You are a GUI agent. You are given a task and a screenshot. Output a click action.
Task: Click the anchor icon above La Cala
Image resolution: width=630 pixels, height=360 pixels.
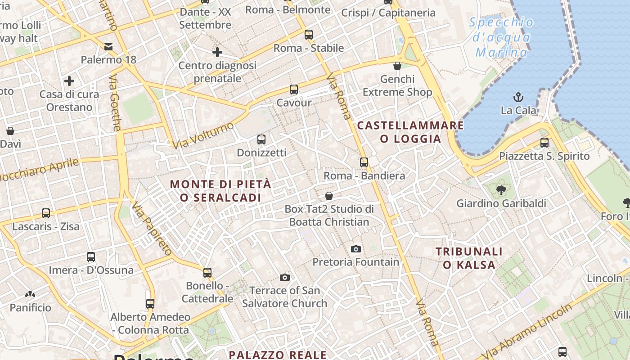[x=518, y=97]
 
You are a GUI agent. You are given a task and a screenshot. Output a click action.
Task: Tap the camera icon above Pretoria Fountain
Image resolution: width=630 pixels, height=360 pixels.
[x=355, y=249]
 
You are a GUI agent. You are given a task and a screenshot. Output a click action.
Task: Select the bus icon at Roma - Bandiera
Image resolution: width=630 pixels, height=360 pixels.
[x=364, y=162]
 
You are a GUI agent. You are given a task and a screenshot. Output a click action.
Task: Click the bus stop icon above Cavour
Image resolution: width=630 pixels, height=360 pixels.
[x=294, y=89]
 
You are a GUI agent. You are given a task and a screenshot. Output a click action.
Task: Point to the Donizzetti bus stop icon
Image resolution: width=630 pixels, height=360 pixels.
[x=261, y=139]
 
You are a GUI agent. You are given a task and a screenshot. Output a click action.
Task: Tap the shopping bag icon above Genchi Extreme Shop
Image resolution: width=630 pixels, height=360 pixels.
[x=397, y=66]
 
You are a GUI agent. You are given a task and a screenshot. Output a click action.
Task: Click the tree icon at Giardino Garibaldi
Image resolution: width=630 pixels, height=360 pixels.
[x=501, y=190]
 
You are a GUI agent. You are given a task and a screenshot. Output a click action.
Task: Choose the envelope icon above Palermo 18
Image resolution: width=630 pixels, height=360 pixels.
[x=108, y=46]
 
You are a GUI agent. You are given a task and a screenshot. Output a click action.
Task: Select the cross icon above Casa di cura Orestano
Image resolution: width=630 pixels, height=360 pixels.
[x=69, y=81]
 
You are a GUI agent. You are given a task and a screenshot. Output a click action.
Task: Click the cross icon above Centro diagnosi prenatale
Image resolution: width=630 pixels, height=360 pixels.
[x=217, y=52]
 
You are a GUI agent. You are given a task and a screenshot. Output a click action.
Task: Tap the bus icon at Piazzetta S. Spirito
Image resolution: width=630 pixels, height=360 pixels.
[x=544, y=143]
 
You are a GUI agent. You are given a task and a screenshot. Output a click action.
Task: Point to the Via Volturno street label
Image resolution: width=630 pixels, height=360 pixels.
[x=203, y=135]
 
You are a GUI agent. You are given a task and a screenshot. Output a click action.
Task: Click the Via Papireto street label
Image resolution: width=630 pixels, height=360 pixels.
[x=152, y=228]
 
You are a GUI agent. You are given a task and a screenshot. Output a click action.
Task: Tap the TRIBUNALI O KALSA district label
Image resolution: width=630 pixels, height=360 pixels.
[x=469, y=258]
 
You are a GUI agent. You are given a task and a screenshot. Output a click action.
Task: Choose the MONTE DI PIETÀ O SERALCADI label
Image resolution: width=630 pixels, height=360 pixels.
[x=220, y=191]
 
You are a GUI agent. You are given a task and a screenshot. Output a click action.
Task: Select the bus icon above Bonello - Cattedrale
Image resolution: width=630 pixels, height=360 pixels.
[x=207, y=272]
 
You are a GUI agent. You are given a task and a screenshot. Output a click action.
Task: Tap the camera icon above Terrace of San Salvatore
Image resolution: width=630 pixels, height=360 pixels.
[x=284, y=277]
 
